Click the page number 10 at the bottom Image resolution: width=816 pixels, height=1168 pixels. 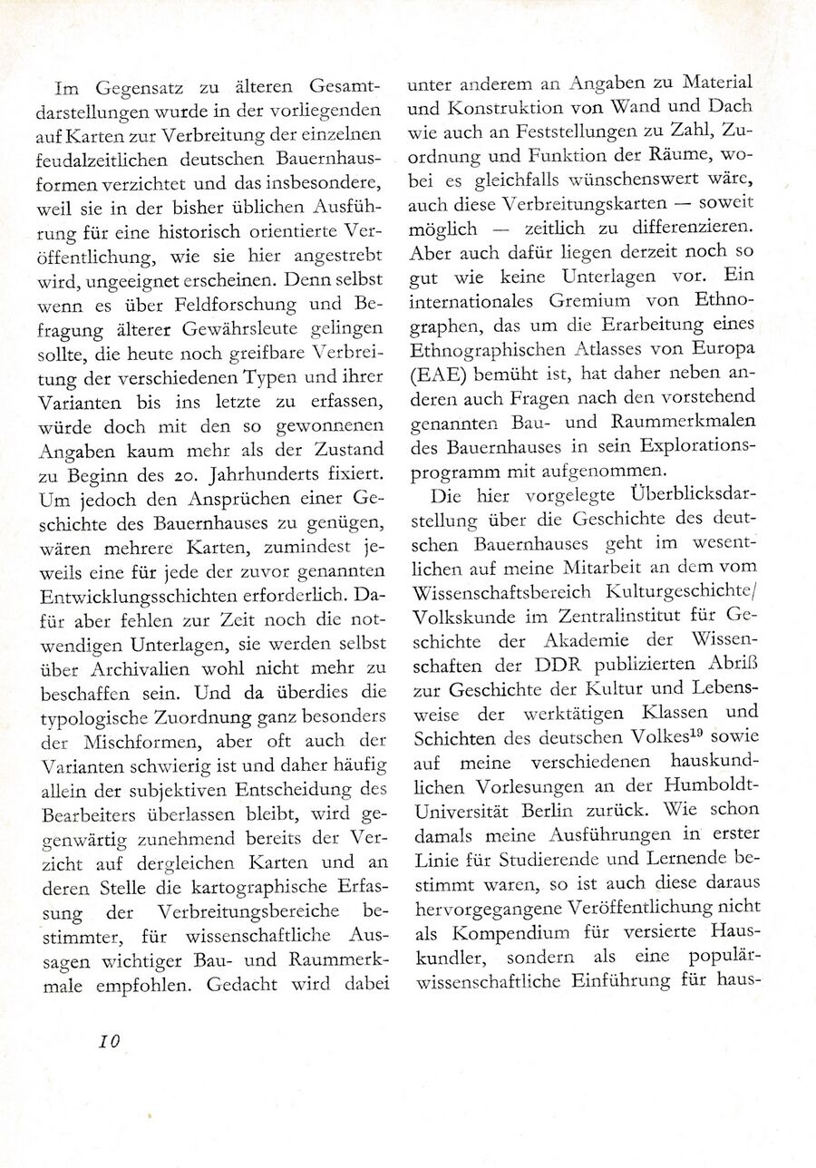click(110, 1040)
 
